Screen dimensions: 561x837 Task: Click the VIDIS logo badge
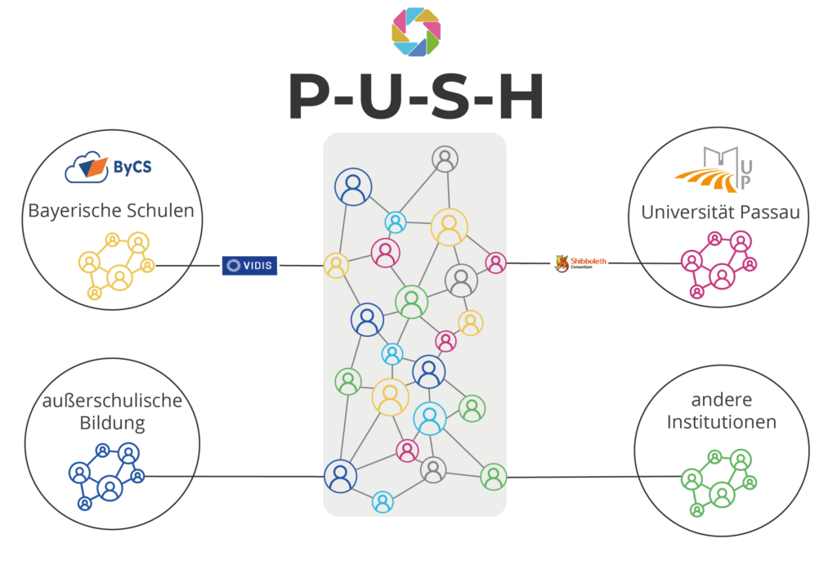249,265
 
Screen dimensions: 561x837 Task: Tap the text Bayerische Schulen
111,210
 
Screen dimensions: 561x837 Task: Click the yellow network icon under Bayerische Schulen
116,263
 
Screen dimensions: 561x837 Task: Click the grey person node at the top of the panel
445,159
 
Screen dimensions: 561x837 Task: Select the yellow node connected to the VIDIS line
336,266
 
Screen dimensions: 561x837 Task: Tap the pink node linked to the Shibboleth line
495,263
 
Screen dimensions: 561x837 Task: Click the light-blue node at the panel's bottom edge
383,502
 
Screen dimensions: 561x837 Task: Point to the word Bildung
112,424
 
